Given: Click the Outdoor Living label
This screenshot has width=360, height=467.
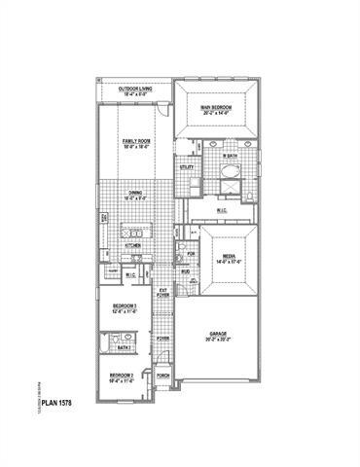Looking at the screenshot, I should (x=134, y=89).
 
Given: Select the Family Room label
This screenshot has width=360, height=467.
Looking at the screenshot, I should (x=135, y=141).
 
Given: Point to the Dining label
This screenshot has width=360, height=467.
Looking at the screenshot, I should (x=135, y=193).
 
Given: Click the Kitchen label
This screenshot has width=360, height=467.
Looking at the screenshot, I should (x=134, y=247).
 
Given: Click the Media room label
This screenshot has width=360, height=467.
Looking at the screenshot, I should (x=228, y=255).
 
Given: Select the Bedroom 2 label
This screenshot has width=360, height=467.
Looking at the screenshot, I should (x=121, y=376).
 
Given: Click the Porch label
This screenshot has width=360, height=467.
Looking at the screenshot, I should (x=163, y=376).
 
